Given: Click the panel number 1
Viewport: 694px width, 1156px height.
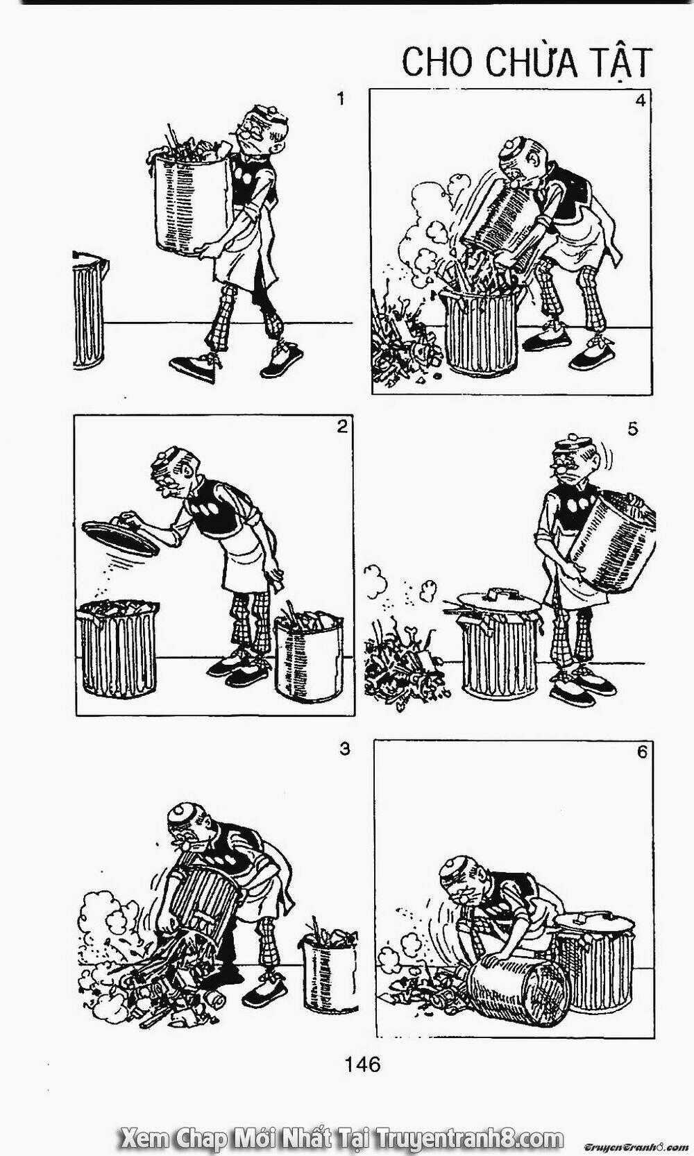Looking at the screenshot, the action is click(340, 99).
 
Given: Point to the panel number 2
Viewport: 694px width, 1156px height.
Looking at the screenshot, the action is click(342, 427).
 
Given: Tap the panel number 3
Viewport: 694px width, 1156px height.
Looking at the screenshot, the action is click(345, 749).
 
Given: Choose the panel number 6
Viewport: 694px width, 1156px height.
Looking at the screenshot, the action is click(641, 752).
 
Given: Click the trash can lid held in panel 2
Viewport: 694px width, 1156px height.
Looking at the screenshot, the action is click(121, 537).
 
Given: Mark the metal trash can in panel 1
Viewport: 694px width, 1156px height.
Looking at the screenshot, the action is click(90, 309).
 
